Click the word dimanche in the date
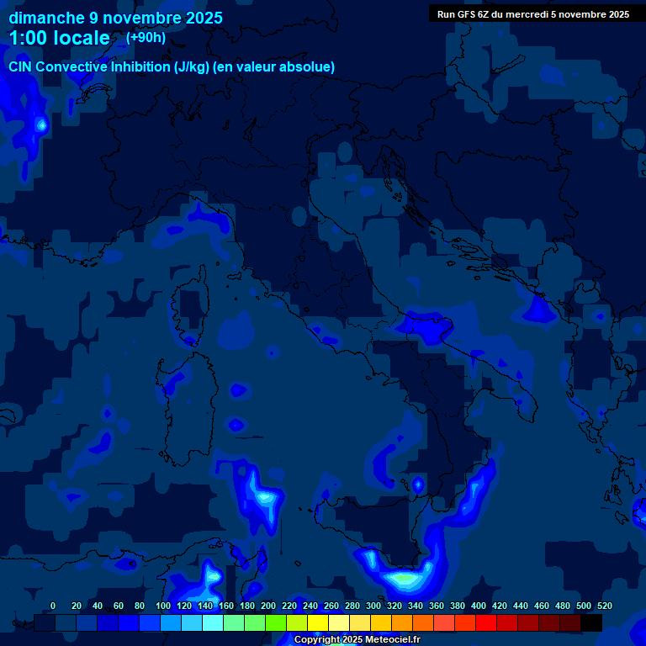click(x=46, y=18)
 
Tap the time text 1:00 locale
click(x=59, y=38)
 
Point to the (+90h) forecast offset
click(x=146, y=38)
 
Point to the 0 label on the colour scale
click(x=53, y=606)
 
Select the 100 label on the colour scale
click(x=163, y=606)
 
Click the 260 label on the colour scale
click(x=331, y=606)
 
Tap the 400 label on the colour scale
click(x=479, y=606)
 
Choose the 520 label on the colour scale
click(x=605, y=606)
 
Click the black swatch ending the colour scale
click(x=591, y=622)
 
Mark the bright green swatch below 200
click(x=276, y=622)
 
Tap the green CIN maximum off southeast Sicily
click(x=405, y=579)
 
